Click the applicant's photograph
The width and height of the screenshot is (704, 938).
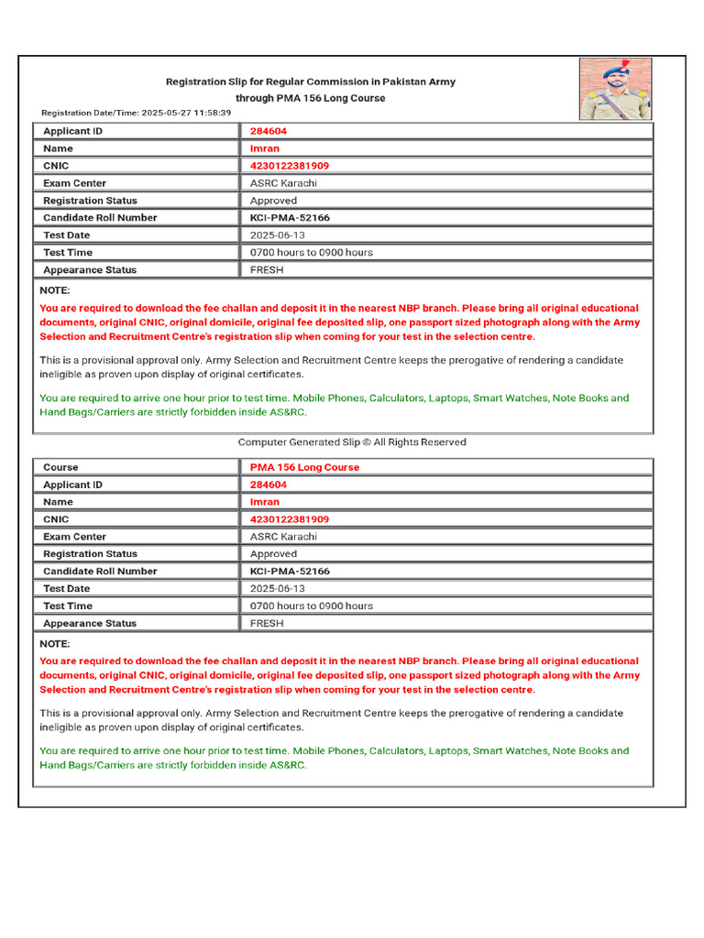615,89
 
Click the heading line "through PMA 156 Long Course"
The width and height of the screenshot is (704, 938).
310,98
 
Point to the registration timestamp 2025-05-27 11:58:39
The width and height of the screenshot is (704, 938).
186,113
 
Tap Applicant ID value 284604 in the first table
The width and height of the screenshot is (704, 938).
269,131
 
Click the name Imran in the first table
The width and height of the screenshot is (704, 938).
265,148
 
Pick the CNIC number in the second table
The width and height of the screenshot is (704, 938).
290,519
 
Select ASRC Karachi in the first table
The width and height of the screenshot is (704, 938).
283,183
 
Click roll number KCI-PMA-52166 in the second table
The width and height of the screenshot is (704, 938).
290,572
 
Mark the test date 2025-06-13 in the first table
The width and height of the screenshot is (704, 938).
278,235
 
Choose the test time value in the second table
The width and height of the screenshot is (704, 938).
312,606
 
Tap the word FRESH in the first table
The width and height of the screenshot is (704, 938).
267,270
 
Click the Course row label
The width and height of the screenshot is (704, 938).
60,467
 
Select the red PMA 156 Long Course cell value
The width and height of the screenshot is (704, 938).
304,467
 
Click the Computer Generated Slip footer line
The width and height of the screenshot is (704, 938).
352,442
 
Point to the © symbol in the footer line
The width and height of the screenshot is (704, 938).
365,442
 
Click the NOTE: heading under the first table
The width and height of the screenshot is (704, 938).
55,289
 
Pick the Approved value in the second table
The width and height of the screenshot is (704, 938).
273,554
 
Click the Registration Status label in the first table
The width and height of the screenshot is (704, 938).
90,201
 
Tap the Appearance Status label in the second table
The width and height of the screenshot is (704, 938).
90,624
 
